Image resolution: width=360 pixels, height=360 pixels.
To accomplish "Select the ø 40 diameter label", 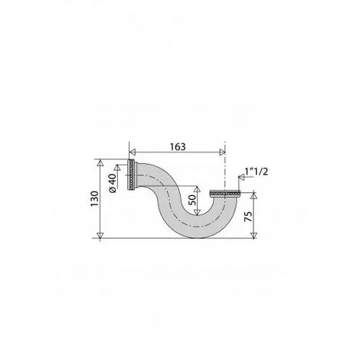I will coord(113,182).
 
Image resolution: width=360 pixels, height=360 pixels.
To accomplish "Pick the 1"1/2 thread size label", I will coord(257,170).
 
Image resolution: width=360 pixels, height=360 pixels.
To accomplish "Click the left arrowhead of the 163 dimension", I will coord(129,151).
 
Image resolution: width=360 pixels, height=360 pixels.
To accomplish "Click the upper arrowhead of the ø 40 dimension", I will coord(120,163).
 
